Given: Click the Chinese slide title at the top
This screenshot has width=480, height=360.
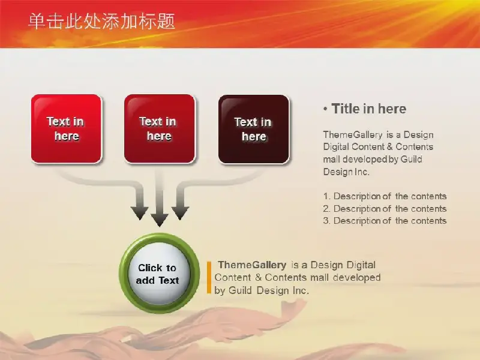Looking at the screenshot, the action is [101, 22].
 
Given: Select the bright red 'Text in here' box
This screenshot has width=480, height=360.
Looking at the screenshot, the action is [67, 128].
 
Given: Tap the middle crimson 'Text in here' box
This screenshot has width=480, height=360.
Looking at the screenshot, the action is [160, 128].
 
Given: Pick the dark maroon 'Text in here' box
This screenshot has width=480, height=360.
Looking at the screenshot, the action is [254, 129].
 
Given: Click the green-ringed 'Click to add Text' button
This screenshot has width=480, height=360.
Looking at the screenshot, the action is [159, 273].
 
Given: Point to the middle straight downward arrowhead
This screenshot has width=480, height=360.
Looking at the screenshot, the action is [160, 220].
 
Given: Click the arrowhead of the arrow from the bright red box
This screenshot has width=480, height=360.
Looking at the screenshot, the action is [140, 213].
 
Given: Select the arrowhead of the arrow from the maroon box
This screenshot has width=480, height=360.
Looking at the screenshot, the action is [180, 213].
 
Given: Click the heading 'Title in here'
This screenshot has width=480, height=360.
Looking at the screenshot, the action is [369, 109].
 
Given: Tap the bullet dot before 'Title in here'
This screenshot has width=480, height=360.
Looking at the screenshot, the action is [325, 109].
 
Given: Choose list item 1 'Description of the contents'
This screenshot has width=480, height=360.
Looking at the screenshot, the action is [385, 196].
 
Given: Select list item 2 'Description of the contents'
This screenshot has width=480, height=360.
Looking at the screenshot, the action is [385, 209].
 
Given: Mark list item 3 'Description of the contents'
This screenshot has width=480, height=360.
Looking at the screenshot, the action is [385, 221].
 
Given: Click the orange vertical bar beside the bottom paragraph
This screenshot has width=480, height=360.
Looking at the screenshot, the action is [209, 277].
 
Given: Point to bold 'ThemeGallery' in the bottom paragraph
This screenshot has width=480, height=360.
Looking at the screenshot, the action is [252, 265].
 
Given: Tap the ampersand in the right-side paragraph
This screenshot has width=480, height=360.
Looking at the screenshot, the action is [389, 146].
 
